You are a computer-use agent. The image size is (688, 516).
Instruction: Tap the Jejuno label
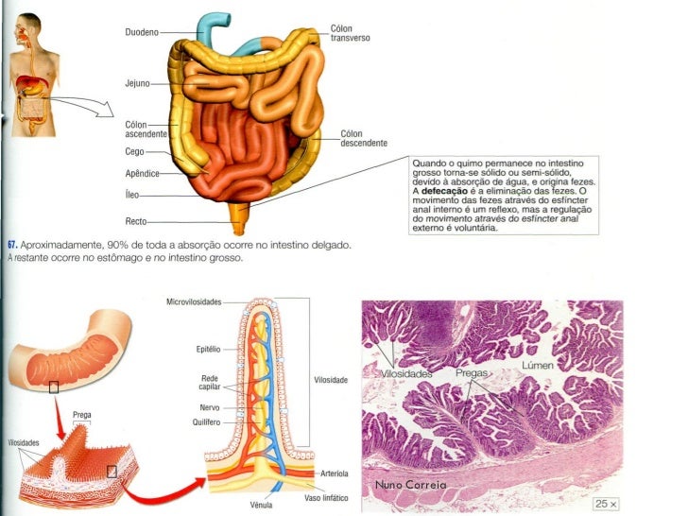(x=138, y=84)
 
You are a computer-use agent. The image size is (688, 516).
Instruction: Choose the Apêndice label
(x=141, y=174)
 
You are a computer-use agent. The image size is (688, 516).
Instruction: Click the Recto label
(x=137, y=220)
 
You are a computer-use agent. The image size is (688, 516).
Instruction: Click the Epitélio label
(x=208, y=349)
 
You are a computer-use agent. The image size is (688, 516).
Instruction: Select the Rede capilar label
(x=210, y=383)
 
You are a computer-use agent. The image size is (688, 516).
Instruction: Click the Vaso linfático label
(x=326, y=497)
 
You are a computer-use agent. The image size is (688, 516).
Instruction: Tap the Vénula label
(x=261, y=506)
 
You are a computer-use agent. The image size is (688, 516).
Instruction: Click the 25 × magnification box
(x=605, y=504)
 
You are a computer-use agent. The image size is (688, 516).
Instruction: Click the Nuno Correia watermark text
(x=411, y=485)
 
